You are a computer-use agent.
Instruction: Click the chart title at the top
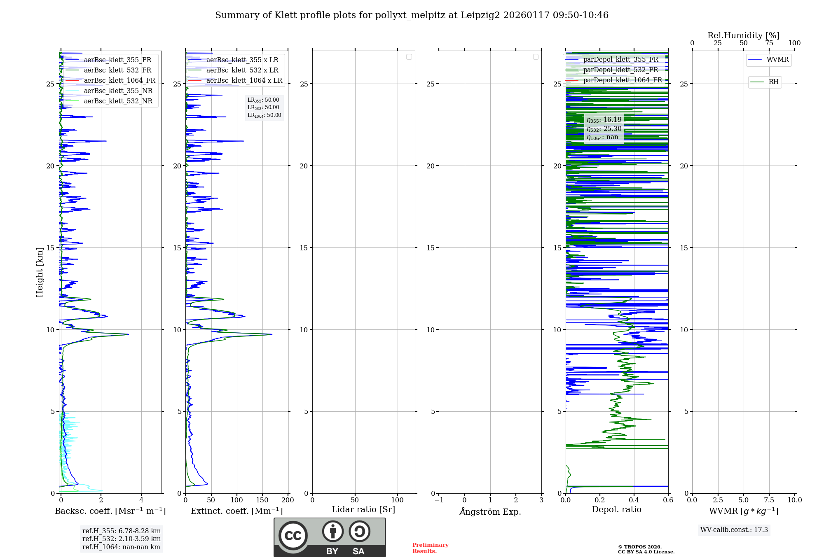[412, 15]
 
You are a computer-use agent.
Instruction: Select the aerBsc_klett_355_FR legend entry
[117, 60]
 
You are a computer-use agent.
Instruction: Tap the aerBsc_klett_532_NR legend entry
[118, 101]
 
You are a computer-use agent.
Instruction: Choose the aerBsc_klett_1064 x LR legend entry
[244, 81]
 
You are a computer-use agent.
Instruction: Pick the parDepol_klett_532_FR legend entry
[620, 70]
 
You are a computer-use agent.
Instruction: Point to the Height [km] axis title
[40, 272]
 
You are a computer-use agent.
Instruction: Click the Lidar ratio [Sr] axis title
[363, 510]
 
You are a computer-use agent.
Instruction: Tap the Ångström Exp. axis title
[490, 511]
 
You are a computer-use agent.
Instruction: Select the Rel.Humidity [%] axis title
[743, 35]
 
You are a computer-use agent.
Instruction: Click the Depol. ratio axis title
[617, 510]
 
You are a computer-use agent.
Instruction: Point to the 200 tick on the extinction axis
[288, 500]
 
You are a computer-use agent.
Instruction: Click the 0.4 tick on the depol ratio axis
[634, 500]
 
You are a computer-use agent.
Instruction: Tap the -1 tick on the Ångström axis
[439, 500]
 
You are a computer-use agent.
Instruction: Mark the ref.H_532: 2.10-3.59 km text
[122, 539]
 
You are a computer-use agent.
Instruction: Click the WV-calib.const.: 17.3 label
[734, 530]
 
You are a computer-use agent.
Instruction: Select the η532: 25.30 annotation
[604, 129]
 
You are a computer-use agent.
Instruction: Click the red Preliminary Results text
[430, 548]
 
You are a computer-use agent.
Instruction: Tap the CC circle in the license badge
[293, 536]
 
